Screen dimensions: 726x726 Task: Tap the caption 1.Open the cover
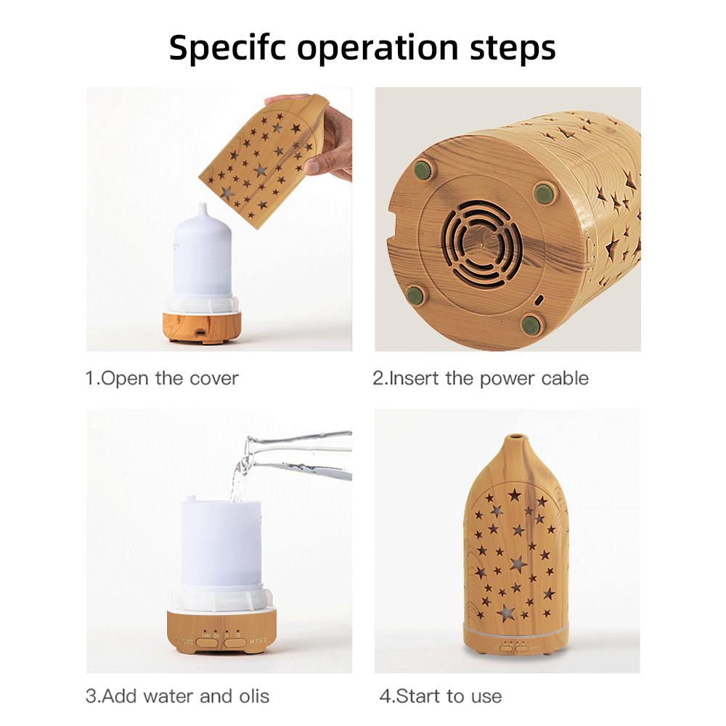[162, 378]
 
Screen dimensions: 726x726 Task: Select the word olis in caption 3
[250, 696]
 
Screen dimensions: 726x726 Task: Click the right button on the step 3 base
[234, 642]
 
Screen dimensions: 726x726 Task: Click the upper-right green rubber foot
[542, 192]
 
